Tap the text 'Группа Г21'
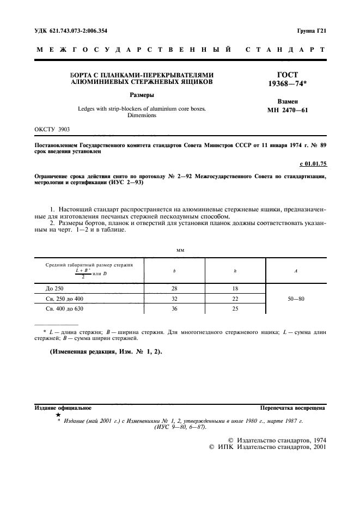click(x=311, y=31)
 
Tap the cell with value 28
click(x=174, y=288)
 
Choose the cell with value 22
click(x=235, y=299)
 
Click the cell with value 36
click(x=174, y=309)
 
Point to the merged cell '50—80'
click(x=295, y=299)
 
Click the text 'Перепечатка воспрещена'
click(x=292, y=408)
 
